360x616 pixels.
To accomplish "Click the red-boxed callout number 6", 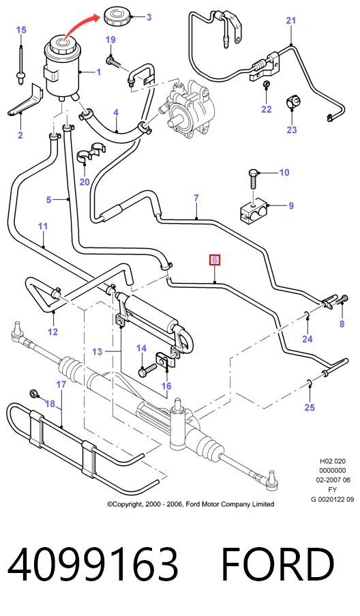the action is pos(214,260).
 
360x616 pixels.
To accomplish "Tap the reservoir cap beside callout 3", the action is pos(116,16).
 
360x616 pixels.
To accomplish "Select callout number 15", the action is pos(21,30).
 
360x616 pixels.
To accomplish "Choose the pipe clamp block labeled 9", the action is pos(254,210).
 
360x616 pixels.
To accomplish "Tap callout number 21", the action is pos(290,20).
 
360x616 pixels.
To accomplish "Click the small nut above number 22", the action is pos(266,84).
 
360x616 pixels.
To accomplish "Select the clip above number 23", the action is pos(292,102).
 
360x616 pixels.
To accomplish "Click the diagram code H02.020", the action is pos(333,461).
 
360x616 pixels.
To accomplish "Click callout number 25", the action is pos(310,407).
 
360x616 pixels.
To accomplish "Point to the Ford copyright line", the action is pos(191,504).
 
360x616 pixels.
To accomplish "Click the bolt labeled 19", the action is pos(112,61).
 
